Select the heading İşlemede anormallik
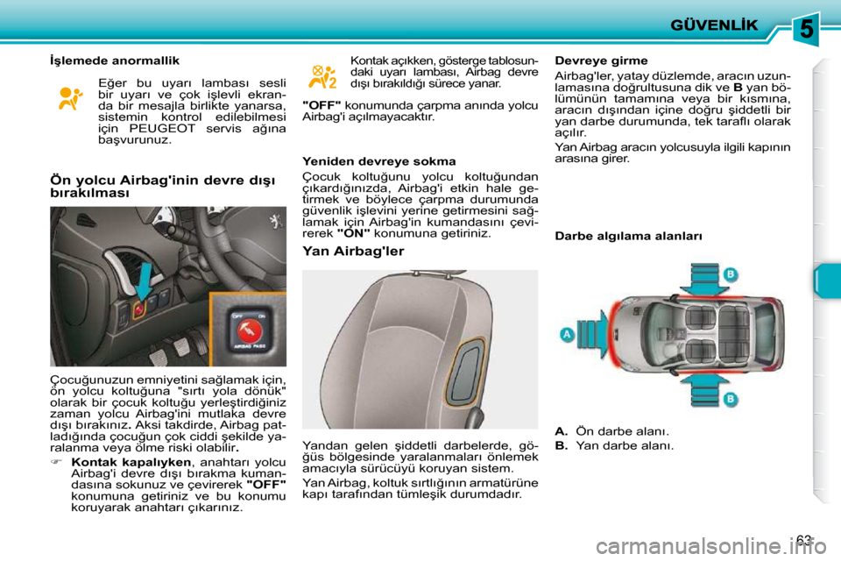tap(114, 60)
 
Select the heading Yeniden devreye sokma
tap(378, 162)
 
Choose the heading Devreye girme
tap(602, 60)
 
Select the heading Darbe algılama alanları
tap(628, 237)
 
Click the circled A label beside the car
tap(567, 335)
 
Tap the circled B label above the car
tap(728, 274)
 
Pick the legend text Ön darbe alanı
tap(620, 430)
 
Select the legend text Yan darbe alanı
tap(624, 445)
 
